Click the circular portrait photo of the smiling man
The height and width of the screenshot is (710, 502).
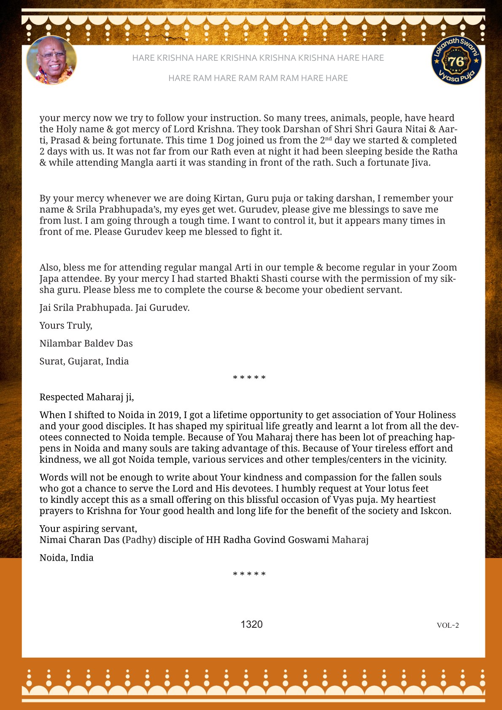pyautogui.click(x=51, y=60)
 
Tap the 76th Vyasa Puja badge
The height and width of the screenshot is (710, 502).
pyautogui.click(x=456, y=60)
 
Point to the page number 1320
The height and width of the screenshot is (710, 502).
pyautogui.click(x=251, y=624)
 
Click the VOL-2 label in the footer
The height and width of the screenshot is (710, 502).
pyautogui.click(x=448, y=625)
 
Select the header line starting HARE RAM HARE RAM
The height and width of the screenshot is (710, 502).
pyautogui.click(x=258, y=78)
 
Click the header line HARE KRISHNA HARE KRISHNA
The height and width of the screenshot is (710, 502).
pyautogui.click(x=258, y=58)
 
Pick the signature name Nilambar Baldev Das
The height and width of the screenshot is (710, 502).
pyautogui.click(x=86, y=343)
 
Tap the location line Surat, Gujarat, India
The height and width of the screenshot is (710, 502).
pyautogui.click(x=84, y=361)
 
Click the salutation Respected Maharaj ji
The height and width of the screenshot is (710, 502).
pyautogui.click(x=86, y=397)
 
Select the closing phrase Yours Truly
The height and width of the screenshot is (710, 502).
pyautogui.click(x=66, y=325)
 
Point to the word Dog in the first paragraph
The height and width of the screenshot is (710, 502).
pyautogui.click(x=225, y=140)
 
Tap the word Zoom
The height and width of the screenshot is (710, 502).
pyautogui.click(x=444, y=267)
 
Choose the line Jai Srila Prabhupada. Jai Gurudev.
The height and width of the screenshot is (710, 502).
pyautogui.click(x=114, y=308)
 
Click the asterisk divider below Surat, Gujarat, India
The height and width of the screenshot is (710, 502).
pyautogui.click(x=249, y=378)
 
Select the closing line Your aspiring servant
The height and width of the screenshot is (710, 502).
pyautogui.click(x=88, y=529)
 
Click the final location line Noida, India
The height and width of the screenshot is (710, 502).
pyautogui.click(x=66, y=558)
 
